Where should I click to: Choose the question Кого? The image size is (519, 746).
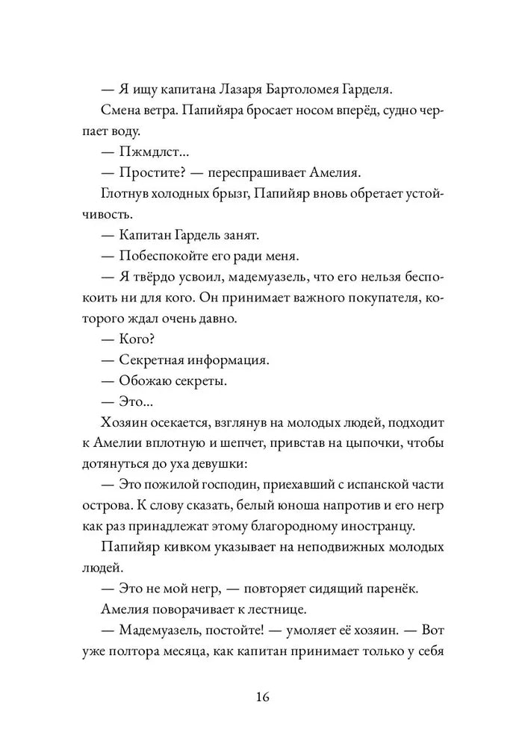(x=136, y=339)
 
